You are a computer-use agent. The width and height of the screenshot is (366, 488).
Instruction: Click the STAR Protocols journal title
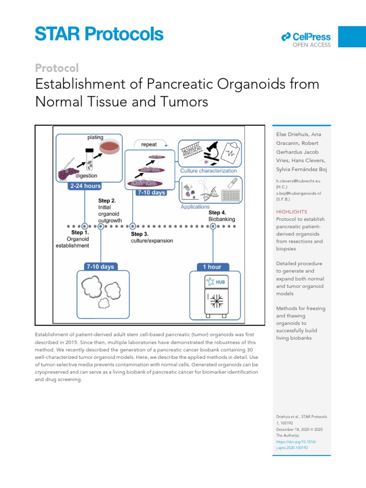coord(99,34)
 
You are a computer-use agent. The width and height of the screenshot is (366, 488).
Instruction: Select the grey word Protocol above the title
coord(57,68)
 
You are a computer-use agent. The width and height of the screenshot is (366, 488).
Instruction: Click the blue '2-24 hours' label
coord(85,186)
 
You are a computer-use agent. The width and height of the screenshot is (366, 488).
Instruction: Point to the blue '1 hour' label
coord(209,266)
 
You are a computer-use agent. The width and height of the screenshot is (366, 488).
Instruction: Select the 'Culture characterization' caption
coord(208,171)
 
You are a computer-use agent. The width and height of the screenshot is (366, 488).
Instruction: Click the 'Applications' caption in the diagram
coord(195,207)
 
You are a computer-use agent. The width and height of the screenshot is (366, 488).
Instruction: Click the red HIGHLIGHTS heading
coord(292,212)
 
